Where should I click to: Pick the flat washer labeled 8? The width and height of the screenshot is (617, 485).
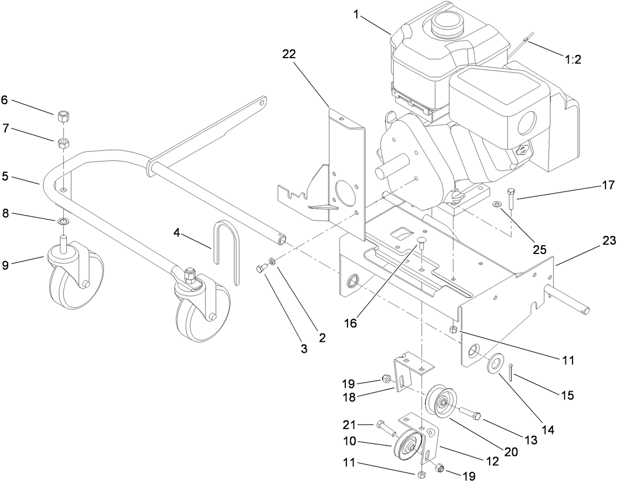(64, 221)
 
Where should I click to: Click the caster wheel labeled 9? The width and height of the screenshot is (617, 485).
(68, 274)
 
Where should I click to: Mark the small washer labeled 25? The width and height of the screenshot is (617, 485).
(497, 205)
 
